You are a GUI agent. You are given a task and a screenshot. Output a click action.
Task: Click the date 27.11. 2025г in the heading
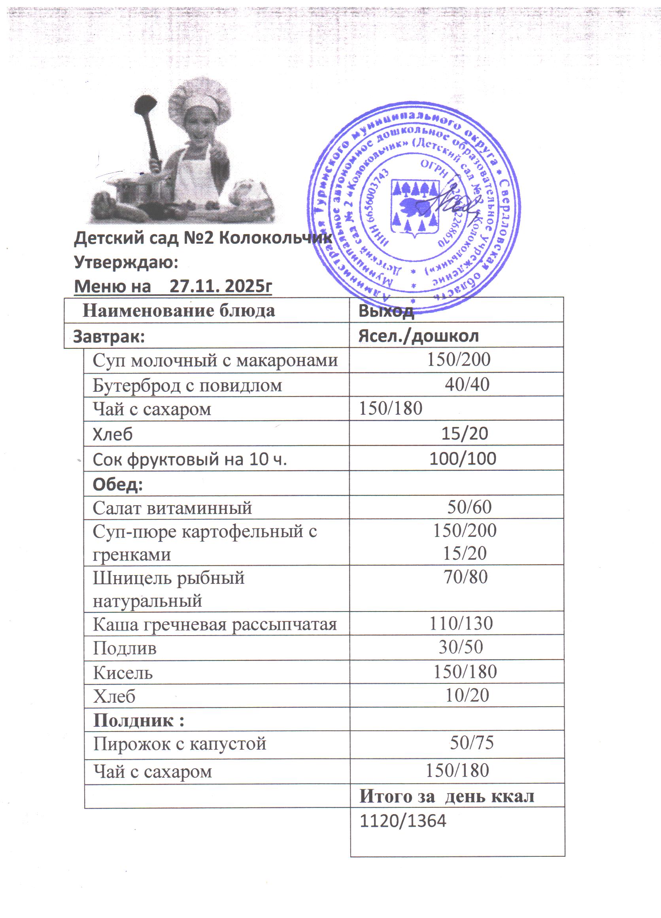220,286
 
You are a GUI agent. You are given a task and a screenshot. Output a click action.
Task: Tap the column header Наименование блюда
179,310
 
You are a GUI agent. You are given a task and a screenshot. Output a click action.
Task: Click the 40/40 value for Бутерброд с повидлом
467,384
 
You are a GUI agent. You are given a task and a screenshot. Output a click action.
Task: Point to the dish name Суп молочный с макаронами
215,360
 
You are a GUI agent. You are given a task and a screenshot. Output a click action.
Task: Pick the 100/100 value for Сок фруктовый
463,459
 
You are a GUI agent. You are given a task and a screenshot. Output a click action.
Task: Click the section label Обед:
118,484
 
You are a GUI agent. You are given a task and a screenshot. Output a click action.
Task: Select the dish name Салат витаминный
172,508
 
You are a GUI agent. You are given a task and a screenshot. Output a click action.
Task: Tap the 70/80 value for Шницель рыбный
465,577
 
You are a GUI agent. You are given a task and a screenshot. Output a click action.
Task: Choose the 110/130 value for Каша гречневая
461,623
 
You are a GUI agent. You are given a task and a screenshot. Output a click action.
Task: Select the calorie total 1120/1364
403,821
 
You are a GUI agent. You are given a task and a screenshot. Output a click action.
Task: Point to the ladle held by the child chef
148,126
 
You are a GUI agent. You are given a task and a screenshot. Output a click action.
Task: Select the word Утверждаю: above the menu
126,262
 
